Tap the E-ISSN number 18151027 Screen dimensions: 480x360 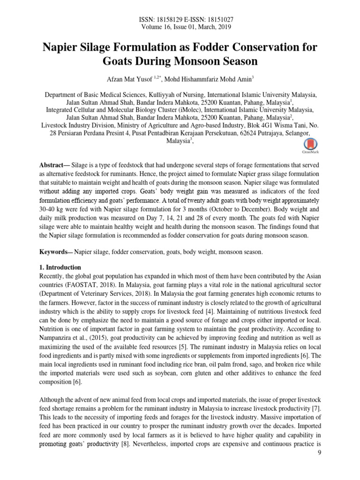click(218, 20)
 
